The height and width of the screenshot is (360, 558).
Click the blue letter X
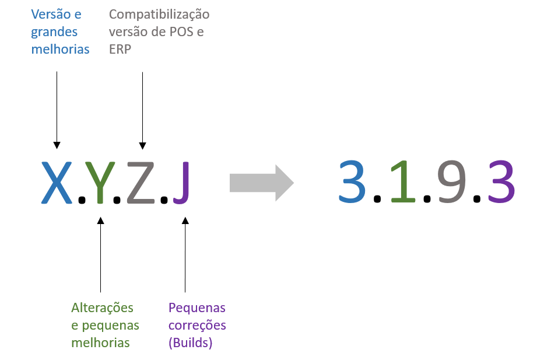57,183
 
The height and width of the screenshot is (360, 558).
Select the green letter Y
100,183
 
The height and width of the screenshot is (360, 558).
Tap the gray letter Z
141,183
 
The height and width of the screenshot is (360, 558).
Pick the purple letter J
182,183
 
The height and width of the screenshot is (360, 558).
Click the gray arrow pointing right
261,183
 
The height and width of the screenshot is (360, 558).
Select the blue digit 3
352,181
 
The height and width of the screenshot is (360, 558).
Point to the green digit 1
403,181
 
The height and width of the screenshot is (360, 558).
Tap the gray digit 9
452,181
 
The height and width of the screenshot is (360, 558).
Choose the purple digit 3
502,181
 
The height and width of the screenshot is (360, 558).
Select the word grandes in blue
54,32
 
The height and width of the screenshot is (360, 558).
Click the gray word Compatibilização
159,14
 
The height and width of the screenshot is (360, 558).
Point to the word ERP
120,49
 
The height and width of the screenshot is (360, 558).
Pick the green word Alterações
102,307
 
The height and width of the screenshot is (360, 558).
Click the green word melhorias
100,342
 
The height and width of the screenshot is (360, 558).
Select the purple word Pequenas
196,307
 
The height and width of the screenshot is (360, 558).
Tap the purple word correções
196,325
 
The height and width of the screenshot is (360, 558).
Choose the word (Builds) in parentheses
190,342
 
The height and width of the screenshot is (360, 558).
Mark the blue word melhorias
61,49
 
